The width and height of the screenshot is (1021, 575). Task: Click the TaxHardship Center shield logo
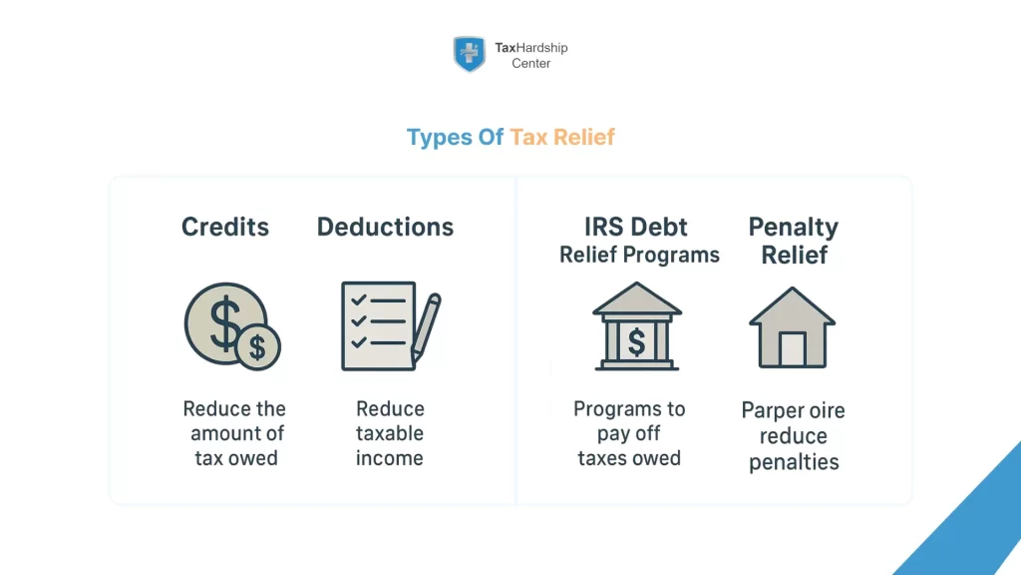click(x=469, y=54)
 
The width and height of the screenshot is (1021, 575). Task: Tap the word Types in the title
click(x=441, y=137)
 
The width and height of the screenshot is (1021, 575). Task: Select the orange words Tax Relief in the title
click(x=562, y=137)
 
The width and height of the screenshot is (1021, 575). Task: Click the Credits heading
click(x=225, y=227)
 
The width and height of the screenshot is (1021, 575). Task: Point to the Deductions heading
click(x=385, y=227)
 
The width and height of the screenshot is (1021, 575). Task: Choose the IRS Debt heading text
click(x=638, y=227)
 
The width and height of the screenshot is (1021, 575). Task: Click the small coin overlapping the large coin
click(x=257, y=347)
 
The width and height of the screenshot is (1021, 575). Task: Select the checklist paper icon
click(x=377, y=326)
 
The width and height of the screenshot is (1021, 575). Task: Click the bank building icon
click(x=636, y=326)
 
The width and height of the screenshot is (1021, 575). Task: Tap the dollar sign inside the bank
click(x=636, y=342)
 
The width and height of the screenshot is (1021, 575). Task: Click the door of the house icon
click(x=793, y=348)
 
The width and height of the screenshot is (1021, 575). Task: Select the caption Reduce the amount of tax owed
click(x=235, y=433)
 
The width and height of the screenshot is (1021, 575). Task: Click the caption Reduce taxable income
click(x=390, y=433)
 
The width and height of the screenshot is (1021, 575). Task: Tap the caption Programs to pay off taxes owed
click(x=629, y=433)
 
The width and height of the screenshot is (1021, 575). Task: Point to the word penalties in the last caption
click(x=794, y=462)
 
